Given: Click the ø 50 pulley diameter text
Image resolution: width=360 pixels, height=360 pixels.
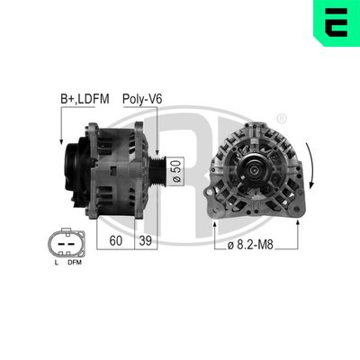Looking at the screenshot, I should click(x=177, y=167).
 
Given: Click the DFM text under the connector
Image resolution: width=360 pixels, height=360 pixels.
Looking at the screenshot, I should click(x=75, y=262).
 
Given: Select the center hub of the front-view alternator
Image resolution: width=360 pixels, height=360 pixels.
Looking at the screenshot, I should click(x=255, y=168).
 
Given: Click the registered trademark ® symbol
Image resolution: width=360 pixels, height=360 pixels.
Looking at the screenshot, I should click(x=282, y=118).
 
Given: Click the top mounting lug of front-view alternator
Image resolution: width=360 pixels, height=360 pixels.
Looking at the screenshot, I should click(x=256, y=126).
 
